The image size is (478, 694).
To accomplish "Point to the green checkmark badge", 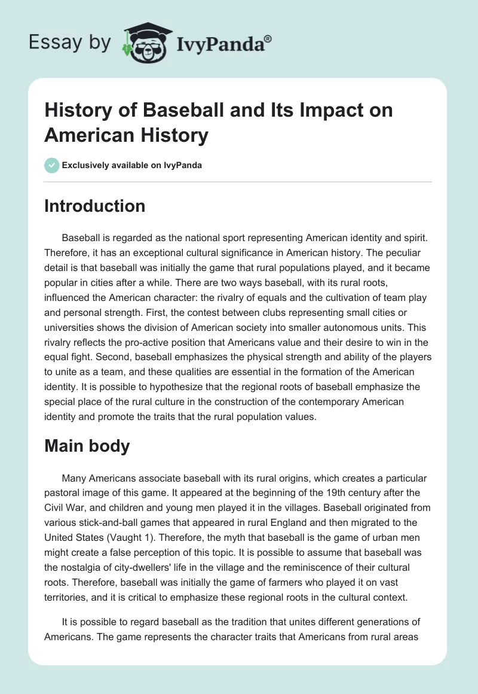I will pyautogui.click(x=51, y=165).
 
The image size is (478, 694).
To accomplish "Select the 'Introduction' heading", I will pyautogui.click(x=94, y=206).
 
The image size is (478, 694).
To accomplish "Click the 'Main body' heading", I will pyautogui.click(x=87, y=446).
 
